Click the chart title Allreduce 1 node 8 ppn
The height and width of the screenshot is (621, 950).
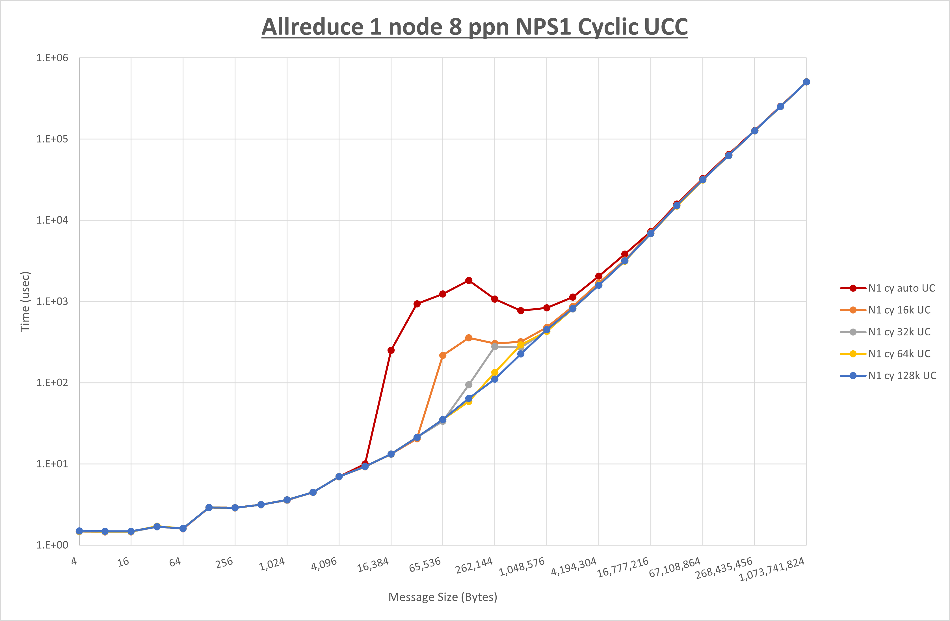click(x=475, y=27)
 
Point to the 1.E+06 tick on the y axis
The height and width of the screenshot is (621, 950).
click(x=52, y=58)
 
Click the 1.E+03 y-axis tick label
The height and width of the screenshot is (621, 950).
click(x=52, y=301)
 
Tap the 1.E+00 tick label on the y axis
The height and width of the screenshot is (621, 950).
click(x=52, y=545)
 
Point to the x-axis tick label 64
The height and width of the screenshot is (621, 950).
click(x=175, y=562)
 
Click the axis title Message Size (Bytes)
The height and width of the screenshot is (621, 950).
click(x=443, y=597)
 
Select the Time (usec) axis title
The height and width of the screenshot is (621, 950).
click(x=25, y=301)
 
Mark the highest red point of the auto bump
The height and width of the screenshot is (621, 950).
click(x=469, y=281)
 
